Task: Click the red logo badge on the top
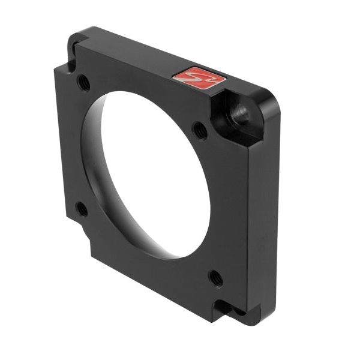199,78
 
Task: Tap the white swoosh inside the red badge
199,78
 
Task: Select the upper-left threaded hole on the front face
84,82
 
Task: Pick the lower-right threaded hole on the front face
215,277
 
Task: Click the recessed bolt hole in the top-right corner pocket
241,113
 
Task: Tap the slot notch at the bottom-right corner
228,308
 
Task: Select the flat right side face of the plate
264,222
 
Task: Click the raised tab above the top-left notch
81,37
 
